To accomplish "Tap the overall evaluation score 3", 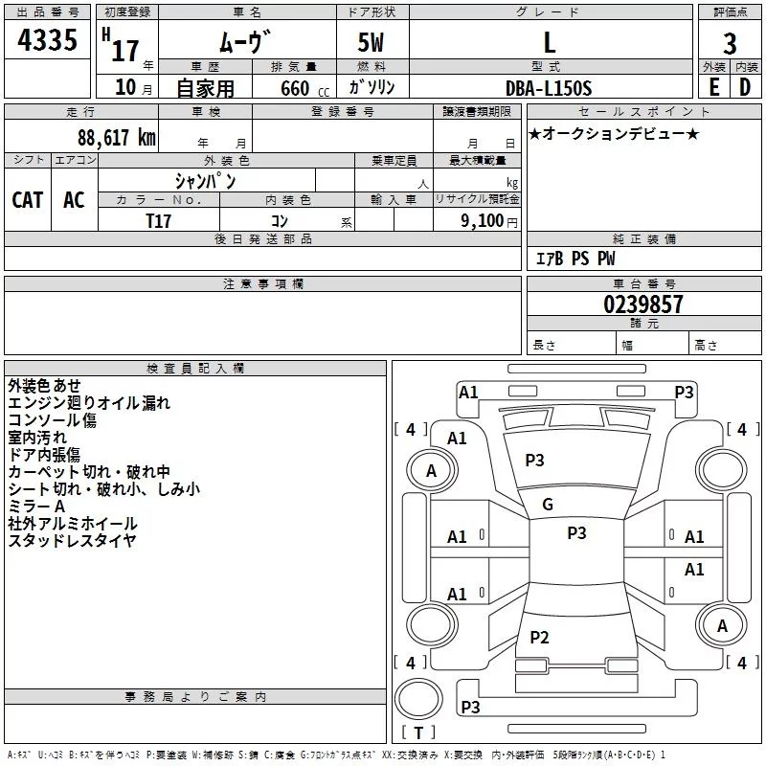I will point(730,43).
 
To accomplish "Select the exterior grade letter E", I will point(713,87).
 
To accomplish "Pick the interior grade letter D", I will point(745,87).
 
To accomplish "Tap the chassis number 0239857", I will point(643,304).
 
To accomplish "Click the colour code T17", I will point(160,220).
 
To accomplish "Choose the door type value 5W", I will point(372,43).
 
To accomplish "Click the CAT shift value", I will point(27,199).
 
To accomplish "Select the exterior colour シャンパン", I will point(205,179).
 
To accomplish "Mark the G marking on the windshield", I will point(548,504).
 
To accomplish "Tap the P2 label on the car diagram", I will point(540,637).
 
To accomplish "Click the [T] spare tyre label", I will point(418,733).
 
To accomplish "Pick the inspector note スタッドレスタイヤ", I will point(72,541).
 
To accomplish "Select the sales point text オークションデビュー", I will point(614,134).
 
